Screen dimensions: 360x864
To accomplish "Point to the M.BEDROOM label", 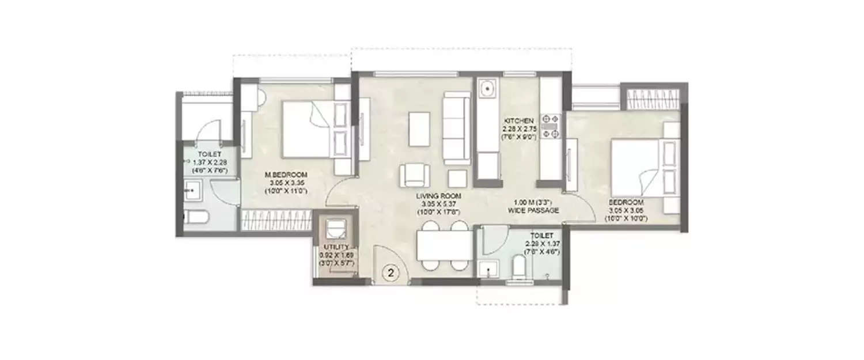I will tap(286, 175).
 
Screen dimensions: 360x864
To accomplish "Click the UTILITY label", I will tap(336, 247).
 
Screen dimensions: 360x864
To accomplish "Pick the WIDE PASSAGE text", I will tap(533, 211).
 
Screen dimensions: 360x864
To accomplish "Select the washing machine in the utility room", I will tap(335, 229).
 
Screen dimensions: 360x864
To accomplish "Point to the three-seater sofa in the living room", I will tap(457, 128).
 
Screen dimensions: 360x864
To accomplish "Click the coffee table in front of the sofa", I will tap(419, 128).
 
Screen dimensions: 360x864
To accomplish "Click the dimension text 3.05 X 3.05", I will tap(627, 211).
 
